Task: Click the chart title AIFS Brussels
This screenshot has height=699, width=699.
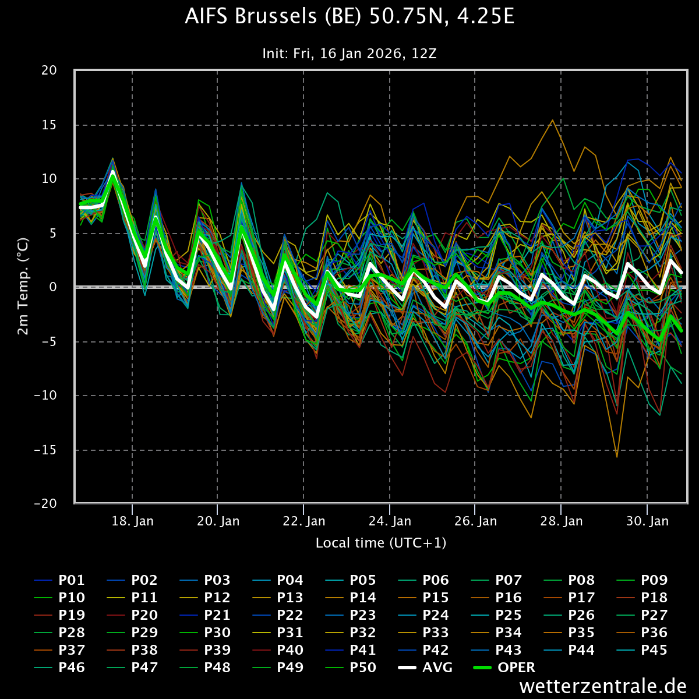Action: [349, 17]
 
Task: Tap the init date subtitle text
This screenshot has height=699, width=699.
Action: [349, 54]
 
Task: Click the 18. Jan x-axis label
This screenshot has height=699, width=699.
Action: [133, 521]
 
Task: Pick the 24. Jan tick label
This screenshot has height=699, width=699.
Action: [390, 521]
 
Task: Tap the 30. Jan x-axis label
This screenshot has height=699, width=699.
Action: [647, 521]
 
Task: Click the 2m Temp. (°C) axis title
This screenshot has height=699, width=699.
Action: [23, 287]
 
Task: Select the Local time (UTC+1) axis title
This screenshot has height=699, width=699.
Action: [381, 543]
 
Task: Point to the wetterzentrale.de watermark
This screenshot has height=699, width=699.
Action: [603, 686]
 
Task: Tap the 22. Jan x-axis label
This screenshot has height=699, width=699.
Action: [304, 521]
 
